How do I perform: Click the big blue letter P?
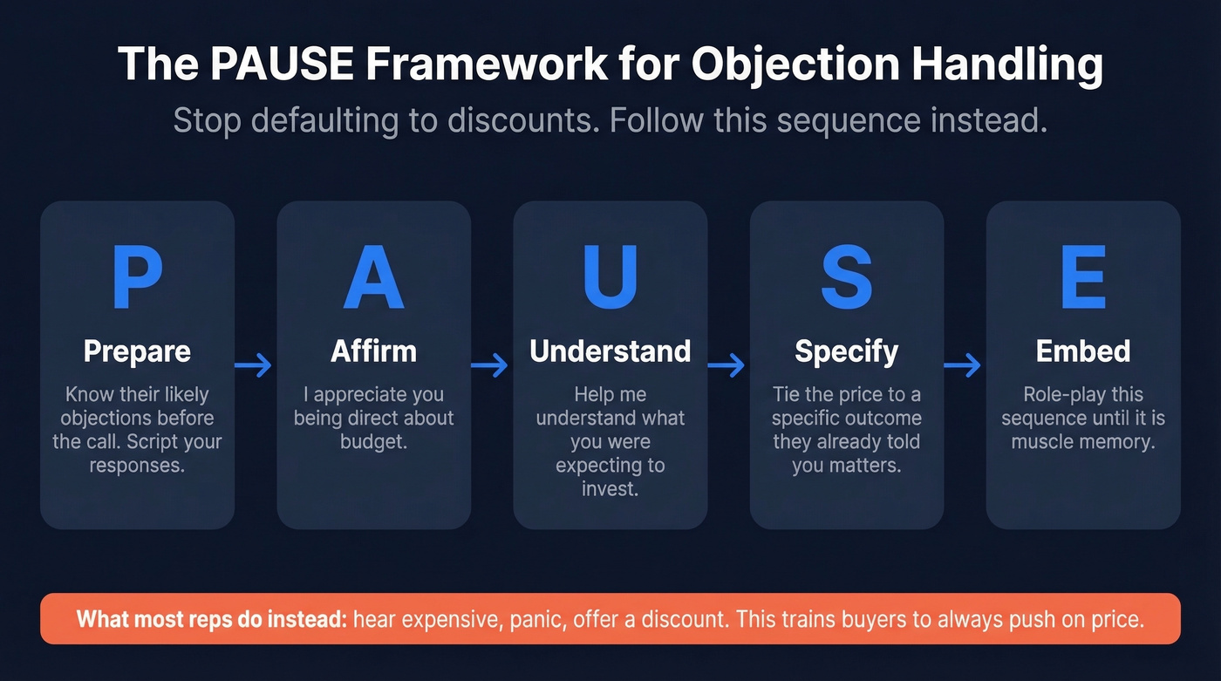click(x=137, y=278)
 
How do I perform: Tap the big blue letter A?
click(x=373, y=278)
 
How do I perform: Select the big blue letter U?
click(x=610, y=278)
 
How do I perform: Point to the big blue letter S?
click(x=846, y=278)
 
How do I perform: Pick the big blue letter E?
click(x=1082, y=278)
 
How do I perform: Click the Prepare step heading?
click(x=137, y=351)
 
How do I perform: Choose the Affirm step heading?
click(x=373, y=351)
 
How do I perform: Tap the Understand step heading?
click(x=610, y=351)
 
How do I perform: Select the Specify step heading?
click(x=846, y=351)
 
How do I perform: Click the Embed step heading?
click(x=1082, y=351)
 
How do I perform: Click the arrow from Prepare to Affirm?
click(x=255, y=366)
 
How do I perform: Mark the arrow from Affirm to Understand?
click(x=491, y=366)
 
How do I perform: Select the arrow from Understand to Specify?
click(x=727, y=366)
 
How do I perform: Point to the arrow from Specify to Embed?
click(x=964, y=366)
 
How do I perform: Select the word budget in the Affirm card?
click(x=373, y=442)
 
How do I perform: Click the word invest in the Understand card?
click(x=610, y=489)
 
